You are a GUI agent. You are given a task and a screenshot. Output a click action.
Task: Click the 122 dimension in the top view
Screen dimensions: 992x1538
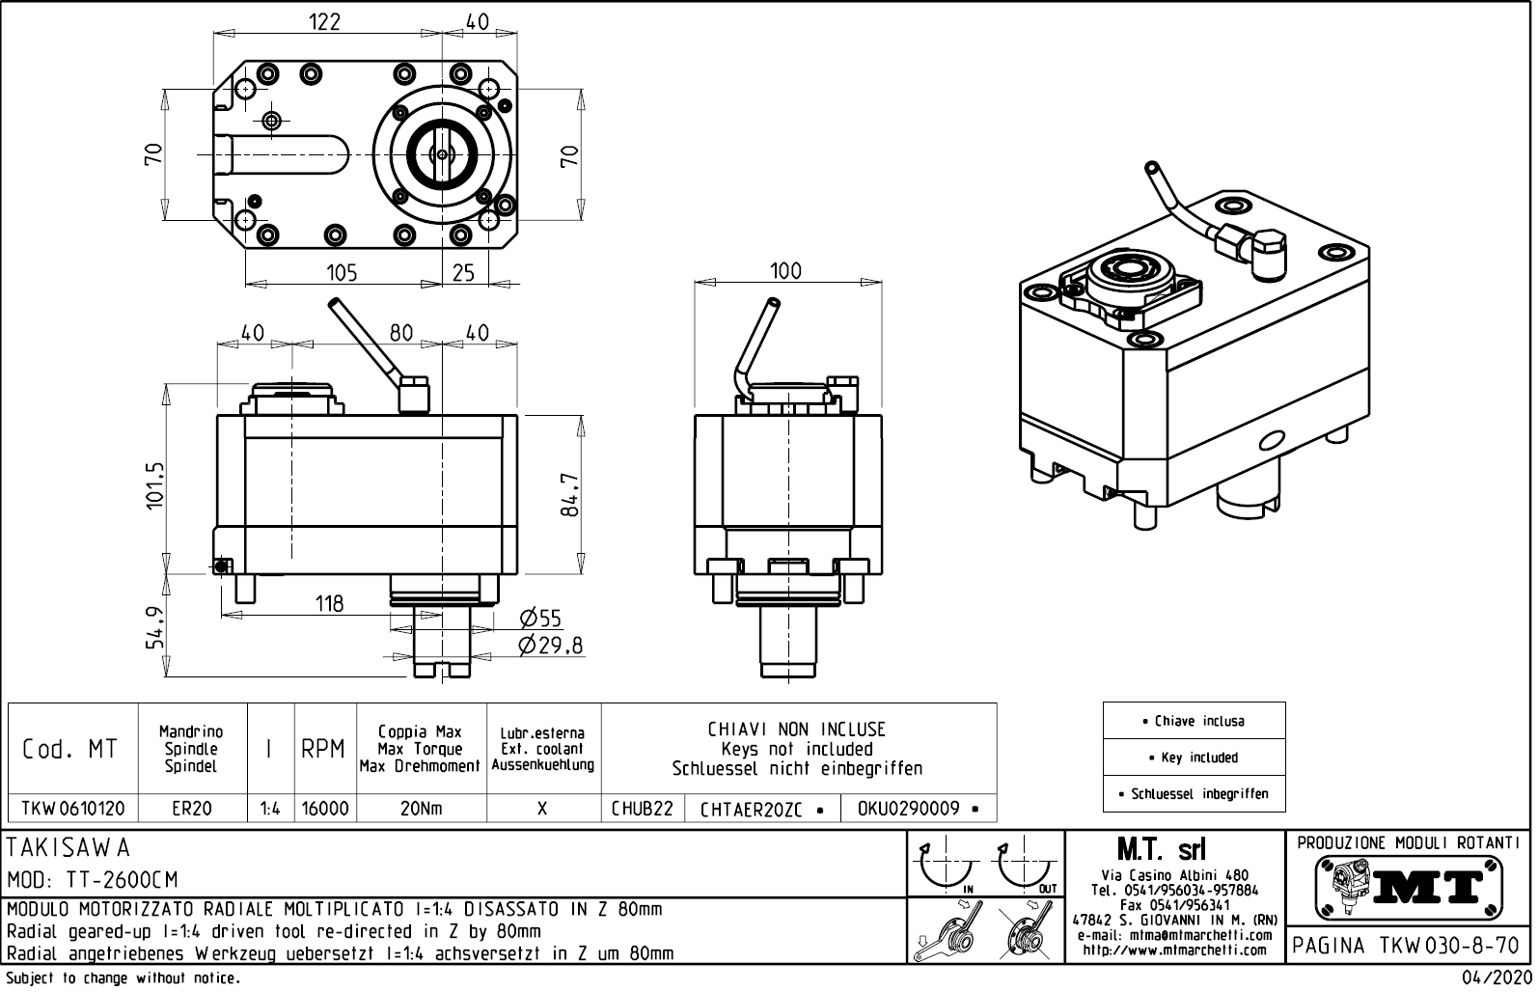point(324,21)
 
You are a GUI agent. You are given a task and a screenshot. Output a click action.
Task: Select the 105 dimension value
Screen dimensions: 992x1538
point(342,273)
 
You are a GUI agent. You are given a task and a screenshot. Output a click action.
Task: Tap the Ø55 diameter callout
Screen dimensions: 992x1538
point(539,620)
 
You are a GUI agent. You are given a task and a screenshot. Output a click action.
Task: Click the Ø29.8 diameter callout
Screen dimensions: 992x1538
point(550,646)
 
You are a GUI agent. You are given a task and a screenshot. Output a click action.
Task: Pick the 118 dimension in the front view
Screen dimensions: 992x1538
point(329,604)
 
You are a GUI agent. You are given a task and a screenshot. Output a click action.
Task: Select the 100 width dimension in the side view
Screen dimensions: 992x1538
point(785,271)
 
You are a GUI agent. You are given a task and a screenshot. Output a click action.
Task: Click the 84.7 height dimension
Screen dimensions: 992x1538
point(571,494)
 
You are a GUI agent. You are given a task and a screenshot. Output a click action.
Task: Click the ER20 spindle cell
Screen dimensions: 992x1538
point(192,809)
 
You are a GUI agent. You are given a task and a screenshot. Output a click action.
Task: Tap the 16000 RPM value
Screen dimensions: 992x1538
point(325,809)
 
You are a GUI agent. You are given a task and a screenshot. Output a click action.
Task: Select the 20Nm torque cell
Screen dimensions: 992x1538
point(421,809)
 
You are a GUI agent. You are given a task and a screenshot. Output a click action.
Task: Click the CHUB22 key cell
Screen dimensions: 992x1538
point(642,809)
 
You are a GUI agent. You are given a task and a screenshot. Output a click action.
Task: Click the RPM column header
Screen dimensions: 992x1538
point(323,749)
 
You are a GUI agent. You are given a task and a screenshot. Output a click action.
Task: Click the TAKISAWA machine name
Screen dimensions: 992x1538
point(69,848)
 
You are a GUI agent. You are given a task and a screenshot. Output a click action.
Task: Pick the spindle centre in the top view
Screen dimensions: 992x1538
point(441,154)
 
